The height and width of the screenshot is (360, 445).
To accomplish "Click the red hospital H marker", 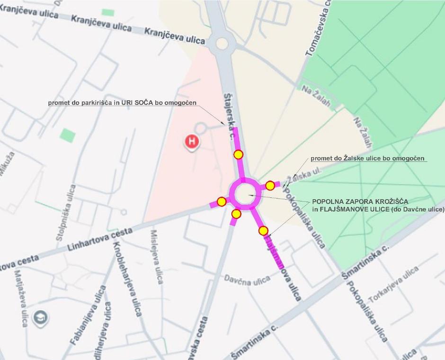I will point(192,141).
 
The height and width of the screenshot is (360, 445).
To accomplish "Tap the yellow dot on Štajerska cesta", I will point(238,154).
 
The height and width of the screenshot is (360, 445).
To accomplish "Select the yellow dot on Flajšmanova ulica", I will point(263,231).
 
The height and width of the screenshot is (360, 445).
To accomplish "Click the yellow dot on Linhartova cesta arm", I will point(221,202).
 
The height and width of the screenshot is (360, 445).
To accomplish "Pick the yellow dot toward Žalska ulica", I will point(270,185).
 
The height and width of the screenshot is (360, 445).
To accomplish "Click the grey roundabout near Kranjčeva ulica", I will point(222,45).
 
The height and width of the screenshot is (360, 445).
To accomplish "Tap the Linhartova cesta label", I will point(99,240).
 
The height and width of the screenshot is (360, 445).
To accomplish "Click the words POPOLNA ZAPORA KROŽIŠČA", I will point(360,201).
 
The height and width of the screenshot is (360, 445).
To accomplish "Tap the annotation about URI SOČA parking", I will point(122,102).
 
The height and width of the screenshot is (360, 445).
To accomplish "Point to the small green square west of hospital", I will point(68,135).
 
